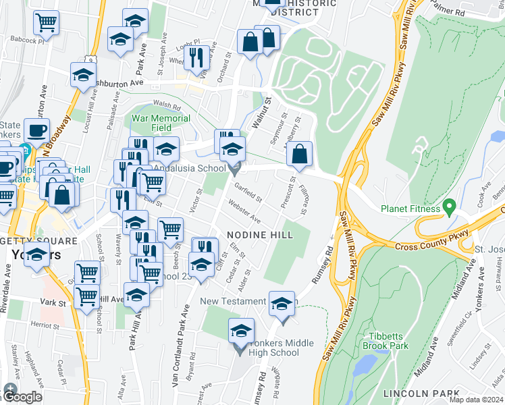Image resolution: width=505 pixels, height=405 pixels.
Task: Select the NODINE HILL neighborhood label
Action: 260,234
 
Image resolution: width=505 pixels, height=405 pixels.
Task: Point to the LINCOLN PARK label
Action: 415,393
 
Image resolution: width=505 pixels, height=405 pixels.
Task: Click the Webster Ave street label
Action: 244,211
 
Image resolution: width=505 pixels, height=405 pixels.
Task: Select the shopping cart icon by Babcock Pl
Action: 47,23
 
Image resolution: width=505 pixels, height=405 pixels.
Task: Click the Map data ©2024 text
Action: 476,400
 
